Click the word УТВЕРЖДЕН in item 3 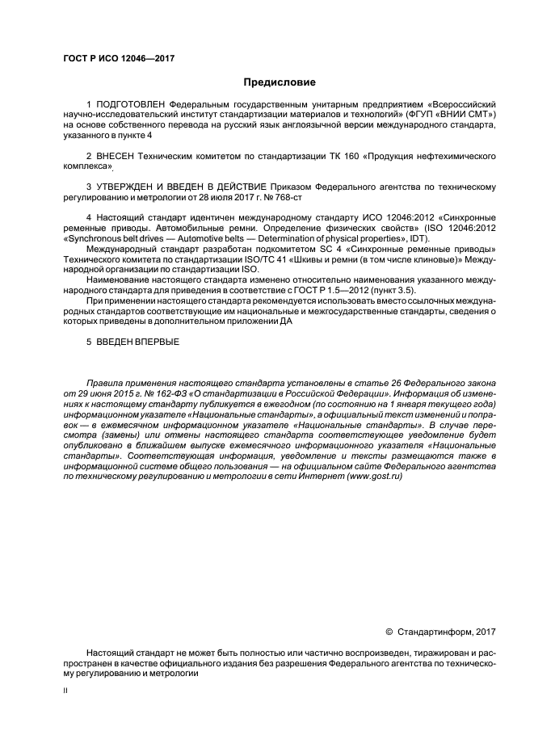[x=128, y=187]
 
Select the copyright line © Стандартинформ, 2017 [x=439, y=632]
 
